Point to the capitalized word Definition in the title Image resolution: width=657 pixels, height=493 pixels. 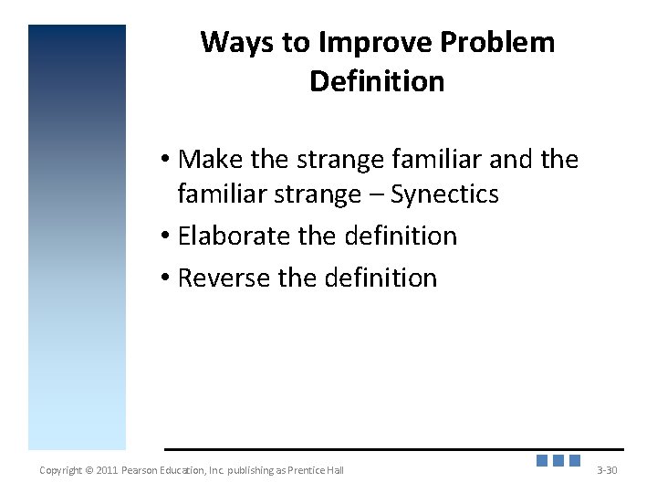point(377,82)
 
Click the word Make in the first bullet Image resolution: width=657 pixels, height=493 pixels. point(212,160)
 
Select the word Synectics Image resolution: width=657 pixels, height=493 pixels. point(444,194)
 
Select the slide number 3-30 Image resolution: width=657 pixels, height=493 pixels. point(607,470)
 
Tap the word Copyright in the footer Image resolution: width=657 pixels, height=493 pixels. point(60,470)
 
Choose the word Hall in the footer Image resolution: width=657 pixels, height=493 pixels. point(334,470)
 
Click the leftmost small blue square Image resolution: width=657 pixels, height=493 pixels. point(542,461)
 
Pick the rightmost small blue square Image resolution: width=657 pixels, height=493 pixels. point(575,461)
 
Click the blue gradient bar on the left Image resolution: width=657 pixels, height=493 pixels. point(77,237)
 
